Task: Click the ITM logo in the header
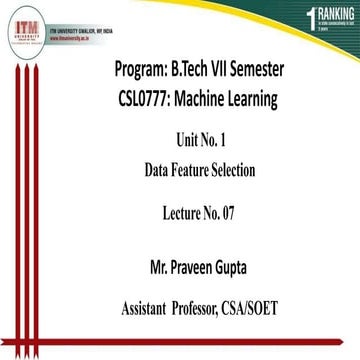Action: click(x=21, y=21)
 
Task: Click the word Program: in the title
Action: click(x=146, y=73)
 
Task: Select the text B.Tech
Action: click(x=203, y=73)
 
